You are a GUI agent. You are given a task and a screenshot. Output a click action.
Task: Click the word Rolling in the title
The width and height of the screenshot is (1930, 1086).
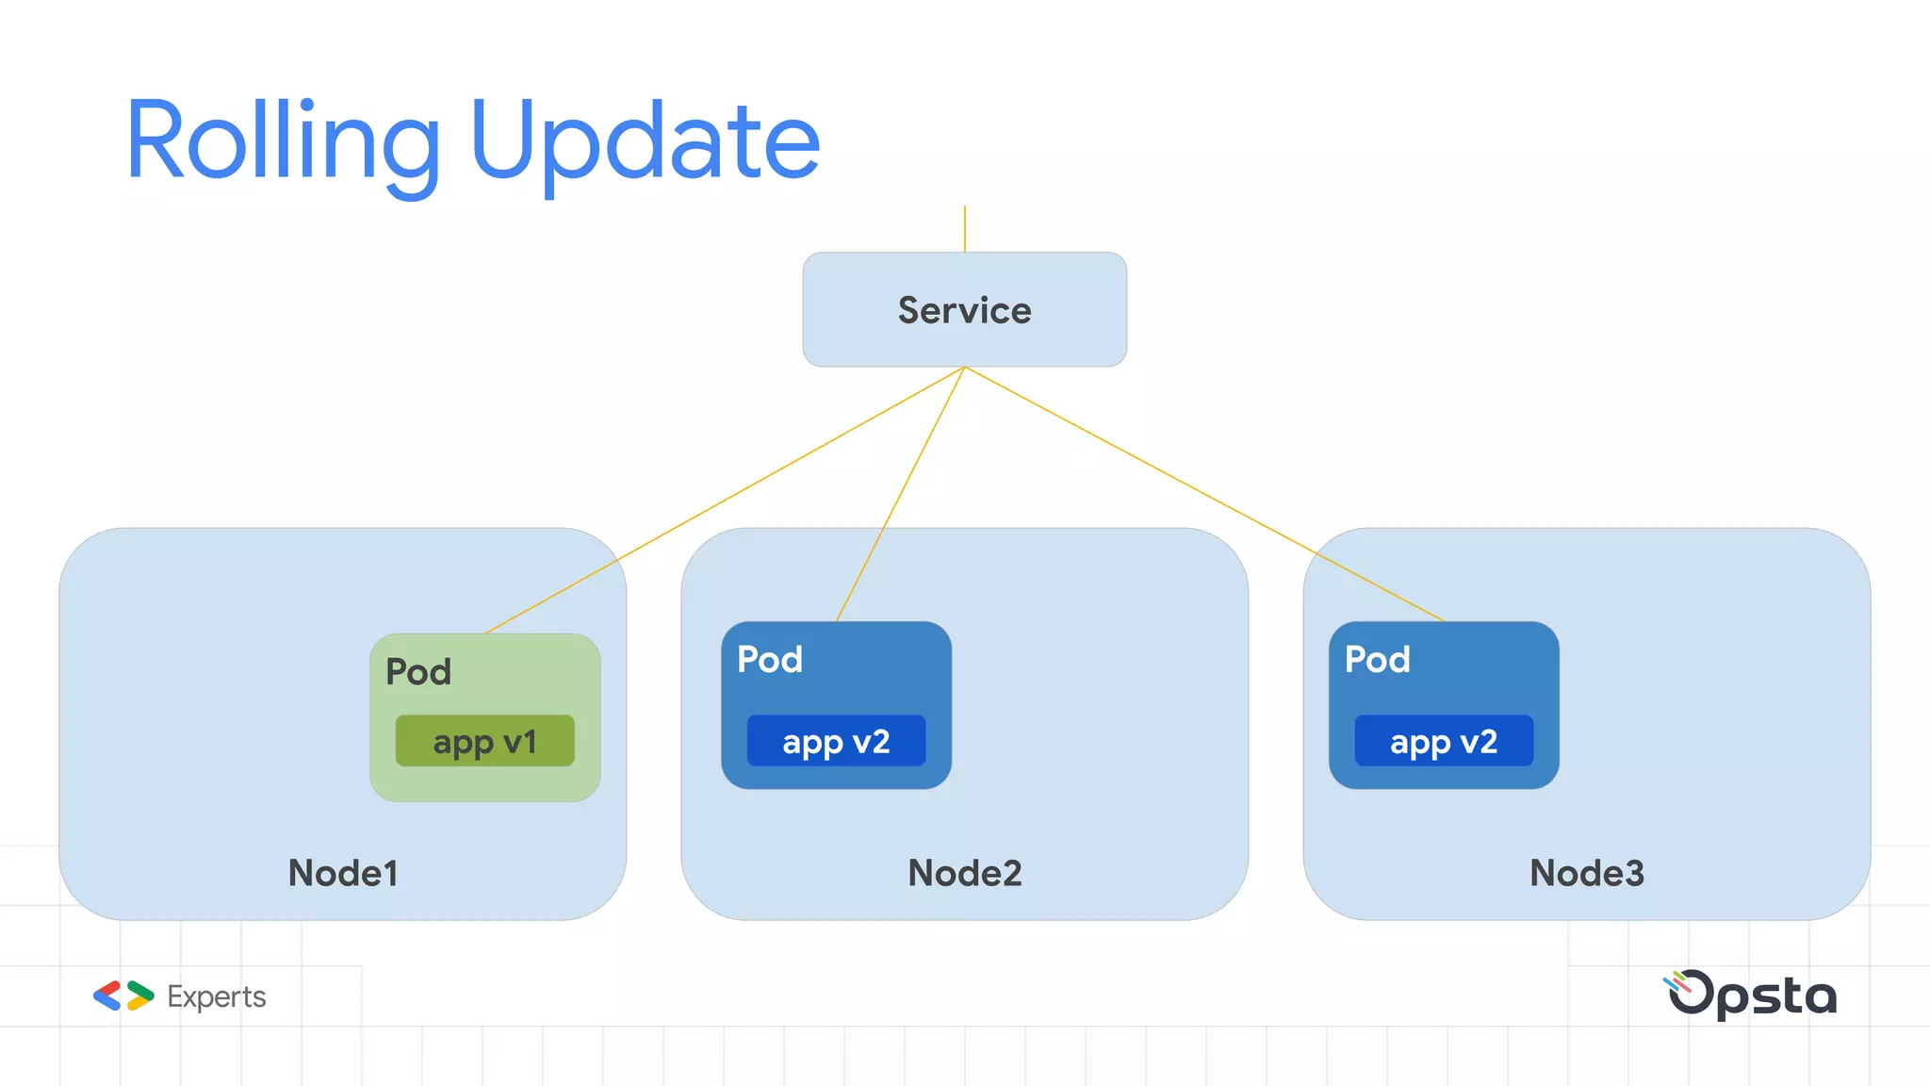283,141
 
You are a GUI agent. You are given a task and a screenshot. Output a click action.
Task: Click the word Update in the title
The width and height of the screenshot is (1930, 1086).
646,141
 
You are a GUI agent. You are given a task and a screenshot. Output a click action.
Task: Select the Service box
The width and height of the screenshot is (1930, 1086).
964,309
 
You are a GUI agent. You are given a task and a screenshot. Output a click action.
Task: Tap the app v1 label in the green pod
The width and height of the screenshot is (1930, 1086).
484,741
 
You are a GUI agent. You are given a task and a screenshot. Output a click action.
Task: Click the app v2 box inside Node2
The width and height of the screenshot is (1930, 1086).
836,741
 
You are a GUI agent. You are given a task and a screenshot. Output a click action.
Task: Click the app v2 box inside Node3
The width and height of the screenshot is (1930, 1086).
1444,741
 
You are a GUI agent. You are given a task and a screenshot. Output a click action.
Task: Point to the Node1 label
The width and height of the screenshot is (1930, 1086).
343,873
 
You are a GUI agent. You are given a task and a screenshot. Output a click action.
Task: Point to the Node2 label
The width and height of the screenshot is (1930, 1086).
964,873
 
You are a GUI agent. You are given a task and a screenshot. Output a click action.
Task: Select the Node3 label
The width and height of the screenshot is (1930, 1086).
1586,873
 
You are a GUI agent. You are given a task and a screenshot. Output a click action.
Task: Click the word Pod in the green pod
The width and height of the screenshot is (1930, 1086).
418,672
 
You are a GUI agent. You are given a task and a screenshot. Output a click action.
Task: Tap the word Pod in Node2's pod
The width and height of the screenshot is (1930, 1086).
770,659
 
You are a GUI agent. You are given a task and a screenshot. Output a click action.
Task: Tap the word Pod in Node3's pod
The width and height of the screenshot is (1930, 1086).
1377,659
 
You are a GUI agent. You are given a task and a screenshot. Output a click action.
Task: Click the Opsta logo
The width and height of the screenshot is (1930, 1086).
1752,995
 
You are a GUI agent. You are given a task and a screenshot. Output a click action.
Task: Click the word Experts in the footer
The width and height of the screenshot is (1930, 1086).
216,996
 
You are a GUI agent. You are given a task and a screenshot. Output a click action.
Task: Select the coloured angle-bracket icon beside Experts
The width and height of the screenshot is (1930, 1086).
123,995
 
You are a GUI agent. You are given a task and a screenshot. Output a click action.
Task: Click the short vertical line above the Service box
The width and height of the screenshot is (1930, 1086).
964,229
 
